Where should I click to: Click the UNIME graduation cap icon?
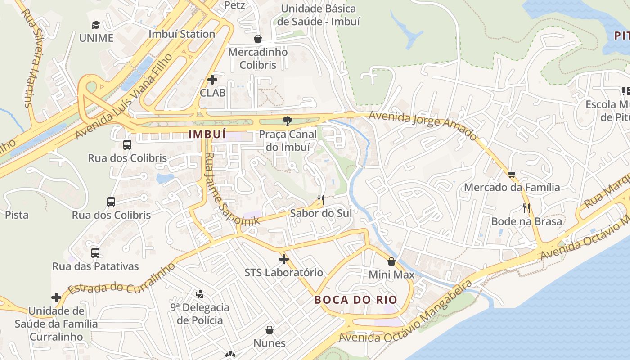(96, 25)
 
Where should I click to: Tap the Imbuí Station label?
(182, 34)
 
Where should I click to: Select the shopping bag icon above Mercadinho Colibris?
(258, 39)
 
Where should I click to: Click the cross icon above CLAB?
(212, 80)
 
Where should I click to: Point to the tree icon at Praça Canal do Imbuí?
(287, 121)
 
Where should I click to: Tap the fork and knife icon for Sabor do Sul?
(321, 199)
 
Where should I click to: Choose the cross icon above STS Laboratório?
(283, 259)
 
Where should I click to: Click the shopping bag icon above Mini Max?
(391, 261)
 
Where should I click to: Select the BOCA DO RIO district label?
(355, 300)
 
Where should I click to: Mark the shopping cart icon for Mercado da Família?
(512, 174)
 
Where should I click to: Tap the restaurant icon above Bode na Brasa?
(526, 208)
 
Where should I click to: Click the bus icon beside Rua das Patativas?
(95, 252)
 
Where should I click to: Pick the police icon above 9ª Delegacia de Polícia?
(200, 294)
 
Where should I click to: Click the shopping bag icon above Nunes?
(270, 330)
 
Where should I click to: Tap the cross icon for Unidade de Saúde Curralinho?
(56, 297)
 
